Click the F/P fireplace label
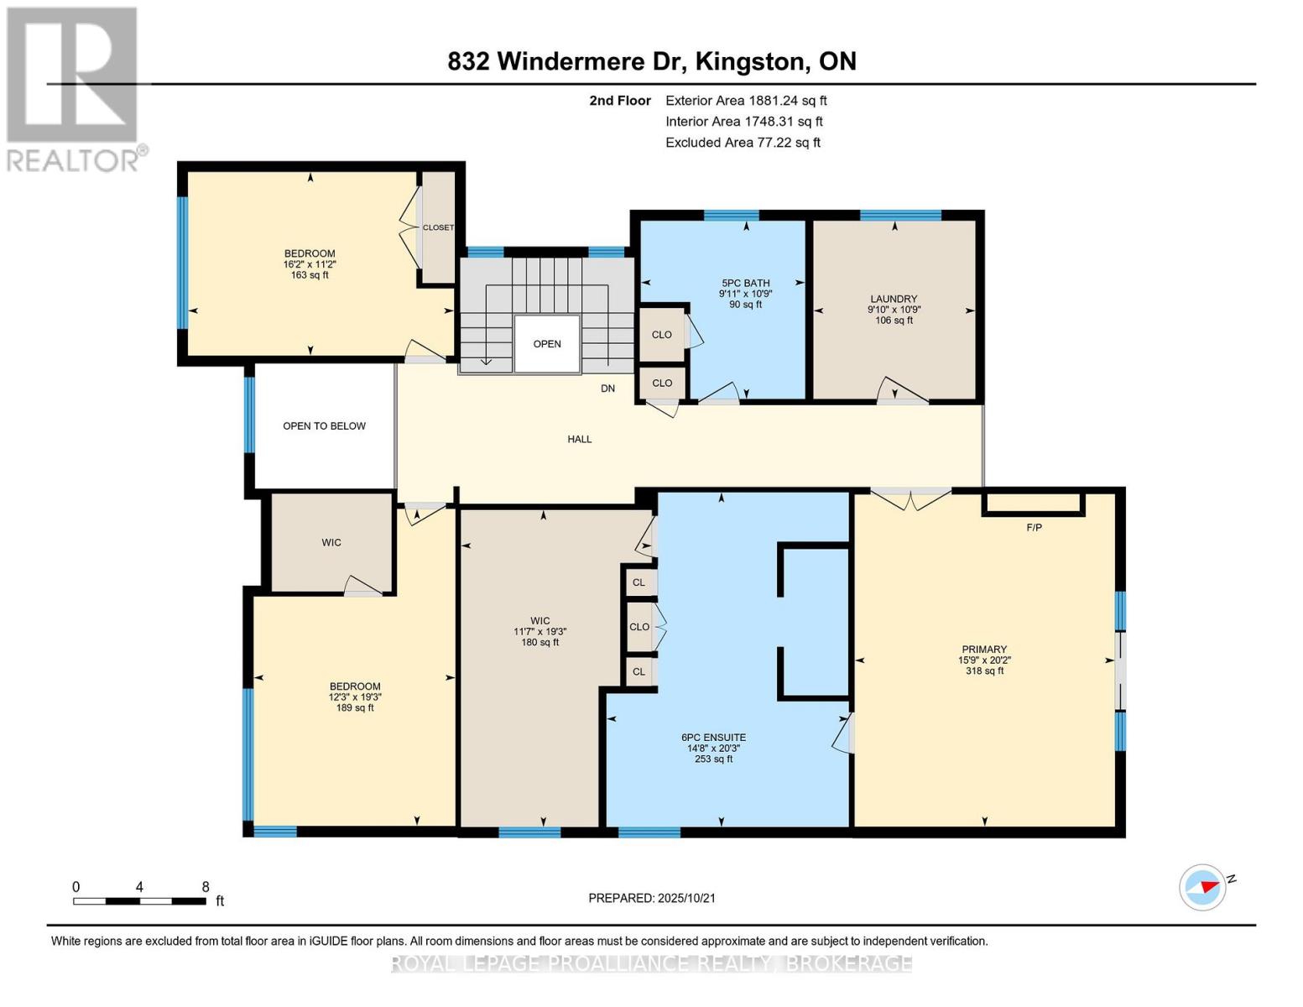tap(1034, 527)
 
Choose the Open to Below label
tap(324, 426)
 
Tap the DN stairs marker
tap(607, 389)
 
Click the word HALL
tap(579, 439)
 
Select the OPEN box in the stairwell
tap(547, 344)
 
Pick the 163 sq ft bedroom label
tap(310, 263)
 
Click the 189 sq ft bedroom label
tap(355, 697)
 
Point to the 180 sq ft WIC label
tap(539, 631)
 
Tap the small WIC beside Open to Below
tap(331, 543)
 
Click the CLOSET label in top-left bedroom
tap(438, 227)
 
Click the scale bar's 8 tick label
tap(206, 887)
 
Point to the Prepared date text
tap(652, 898)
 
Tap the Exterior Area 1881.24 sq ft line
tap(746, 101)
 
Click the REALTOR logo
tap(74, 88)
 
